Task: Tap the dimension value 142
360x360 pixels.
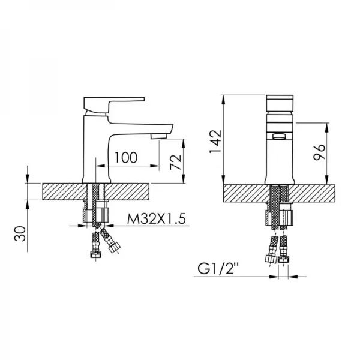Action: [214, 143]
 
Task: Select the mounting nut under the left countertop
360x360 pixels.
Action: [97, 215]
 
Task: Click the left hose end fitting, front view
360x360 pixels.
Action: [270, 259]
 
